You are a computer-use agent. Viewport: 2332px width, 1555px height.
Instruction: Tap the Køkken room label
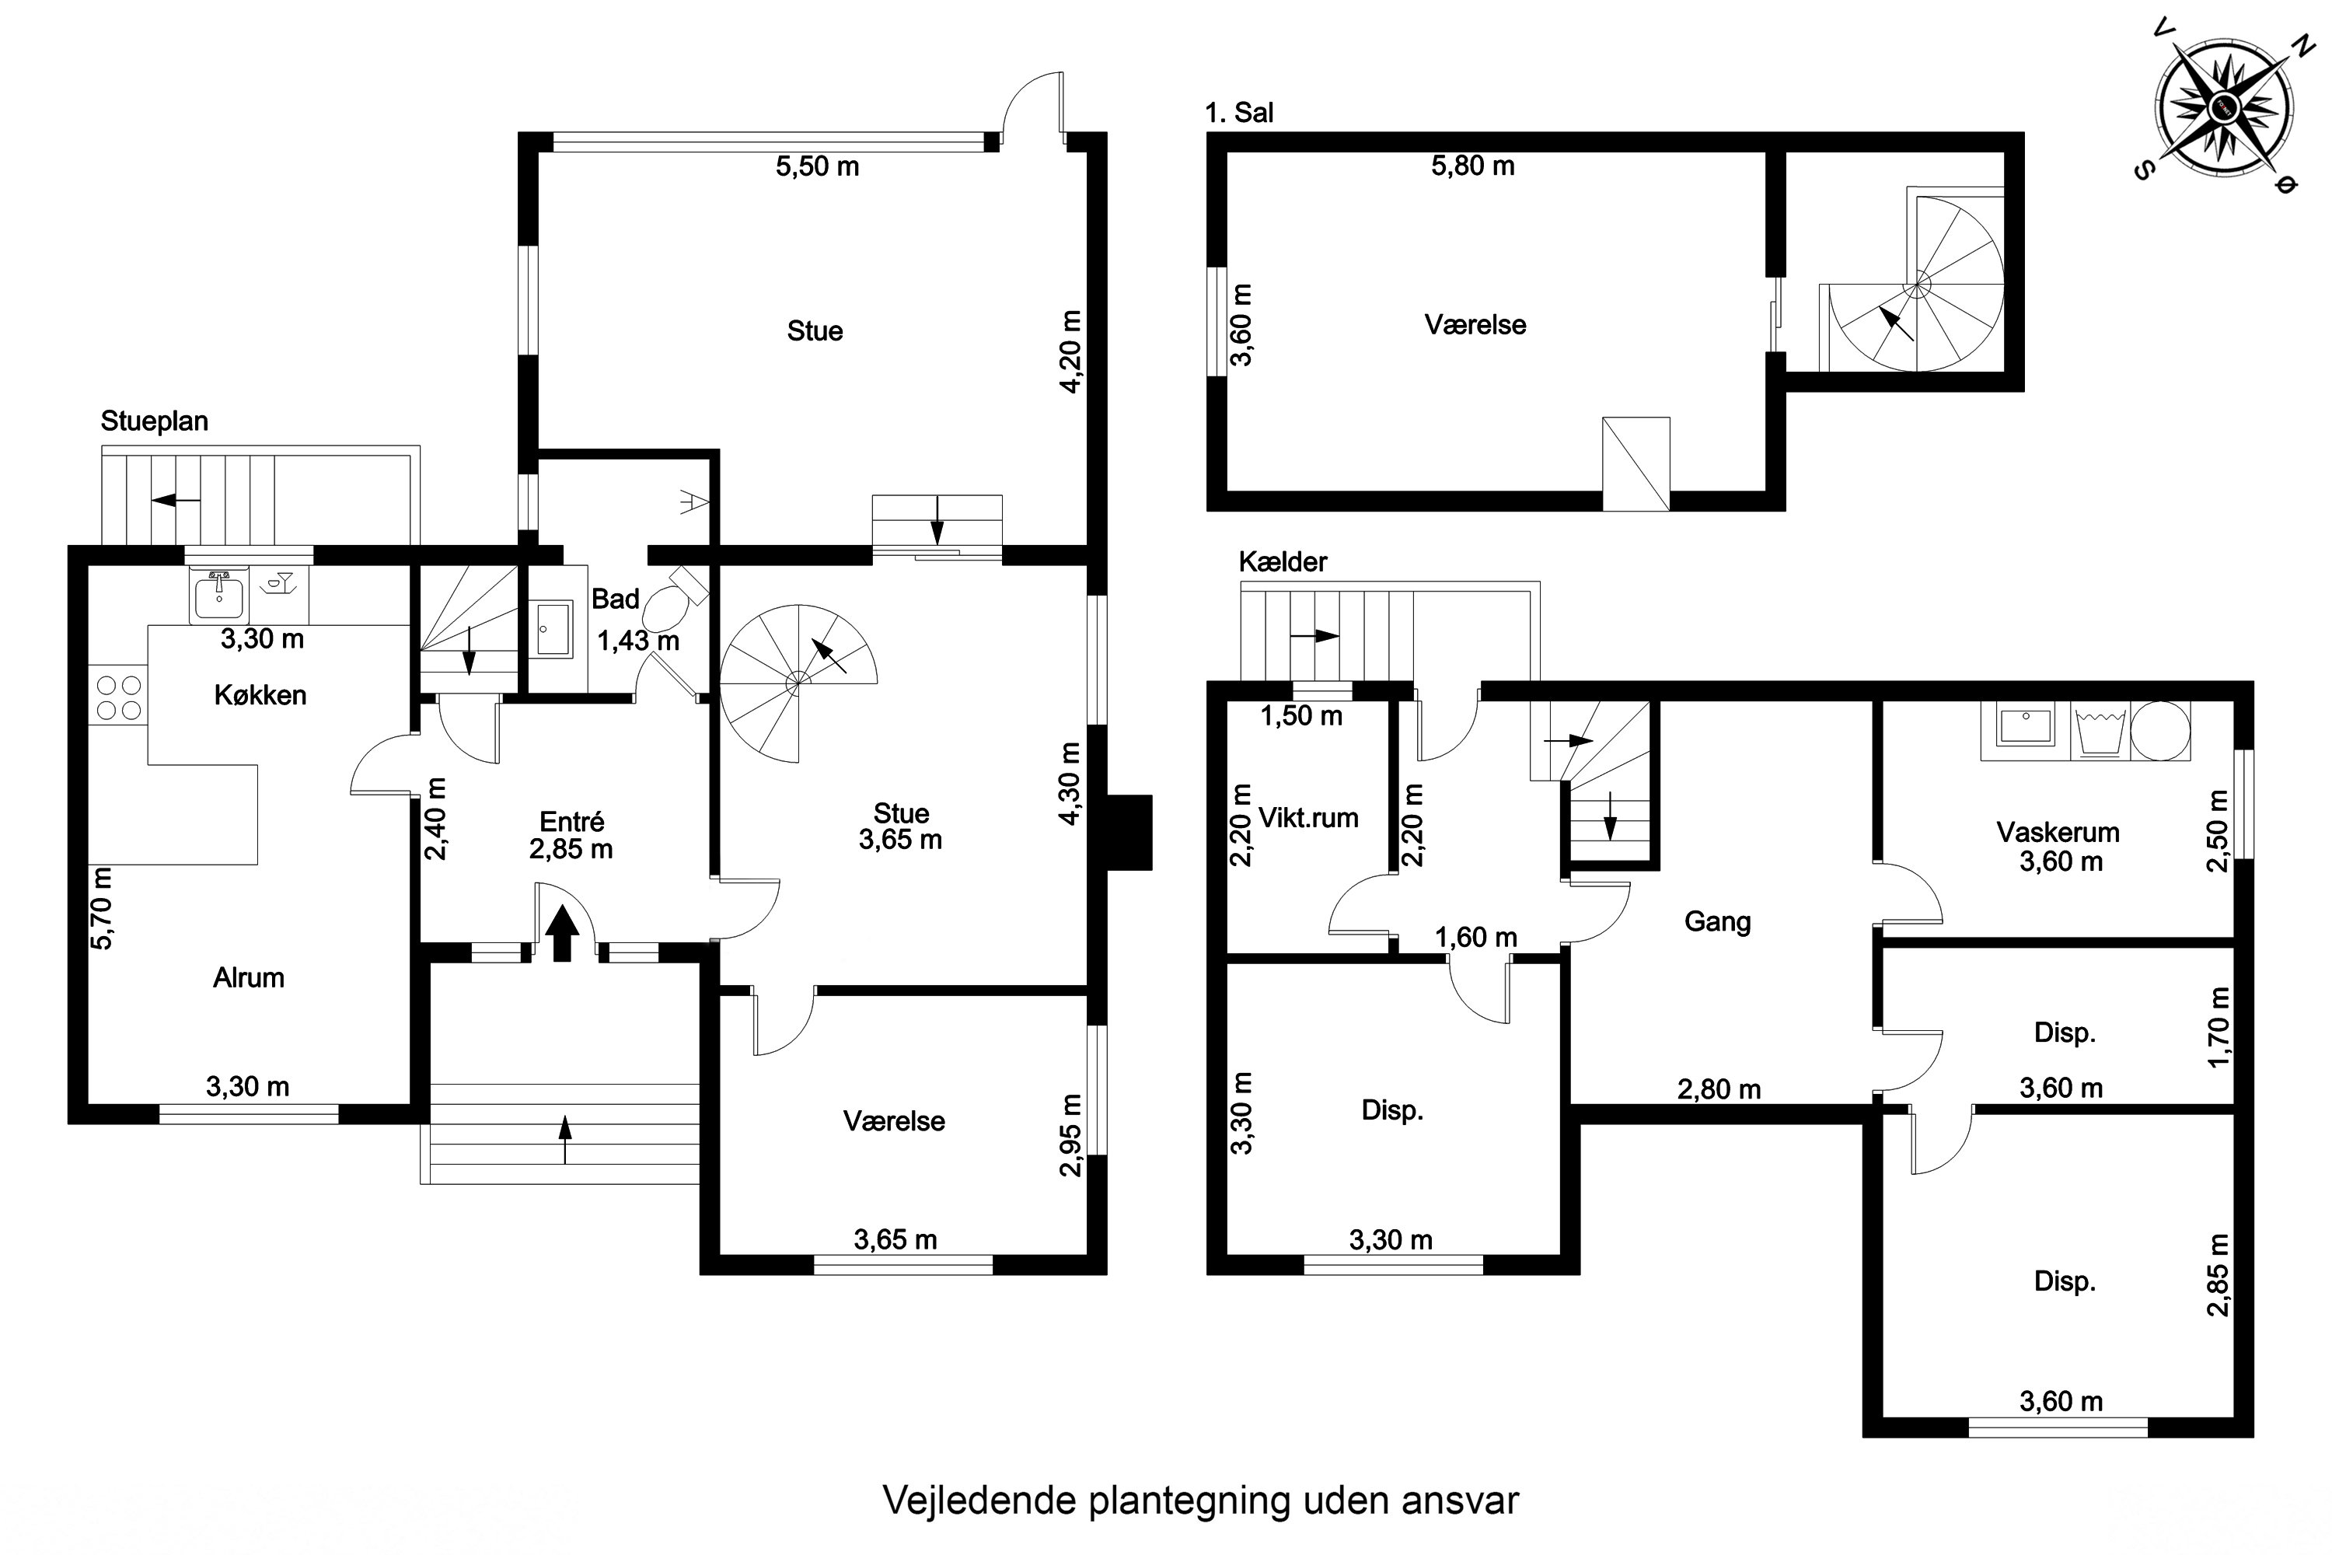click(x=260, y=695)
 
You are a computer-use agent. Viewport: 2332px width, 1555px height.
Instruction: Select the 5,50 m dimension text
click(x=817, y=166)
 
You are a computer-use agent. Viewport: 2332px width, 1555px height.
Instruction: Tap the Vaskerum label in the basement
click(x=2058, y=832)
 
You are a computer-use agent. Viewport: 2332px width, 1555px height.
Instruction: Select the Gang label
click(x=1717, y=922)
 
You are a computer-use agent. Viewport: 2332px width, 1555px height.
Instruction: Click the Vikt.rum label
click(x=1307, y=818)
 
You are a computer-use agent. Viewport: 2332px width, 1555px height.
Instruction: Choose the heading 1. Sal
click(x=1238, y=113)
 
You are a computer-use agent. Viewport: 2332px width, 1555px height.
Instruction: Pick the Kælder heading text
click(x=1282, y=562)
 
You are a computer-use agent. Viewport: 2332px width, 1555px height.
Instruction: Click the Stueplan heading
click(x=155, y=421)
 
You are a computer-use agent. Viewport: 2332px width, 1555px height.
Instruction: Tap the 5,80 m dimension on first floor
click(x=1472, y=166)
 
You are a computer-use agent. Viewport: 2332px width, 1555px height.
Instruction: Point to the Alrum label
click(x=248, y=978)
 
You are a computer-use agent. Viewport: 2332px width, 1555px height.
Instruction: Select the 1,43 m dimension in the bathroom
click(x=637, y=641)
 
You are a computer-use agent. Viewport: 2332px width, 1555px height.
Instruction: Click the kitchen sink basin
click(x=218, y=597)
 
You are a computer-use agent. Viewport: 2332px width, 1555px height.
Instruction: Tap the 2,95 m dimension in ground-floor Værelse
click(x=1070, y=1134)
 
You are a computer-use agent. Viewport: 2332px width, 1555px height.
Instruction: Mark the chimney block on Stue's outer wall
click(x=1129, y=832)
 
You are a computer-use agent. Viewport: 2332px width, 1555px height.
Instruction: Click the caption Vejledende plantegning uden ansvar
click(x=1199, y=1501)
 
